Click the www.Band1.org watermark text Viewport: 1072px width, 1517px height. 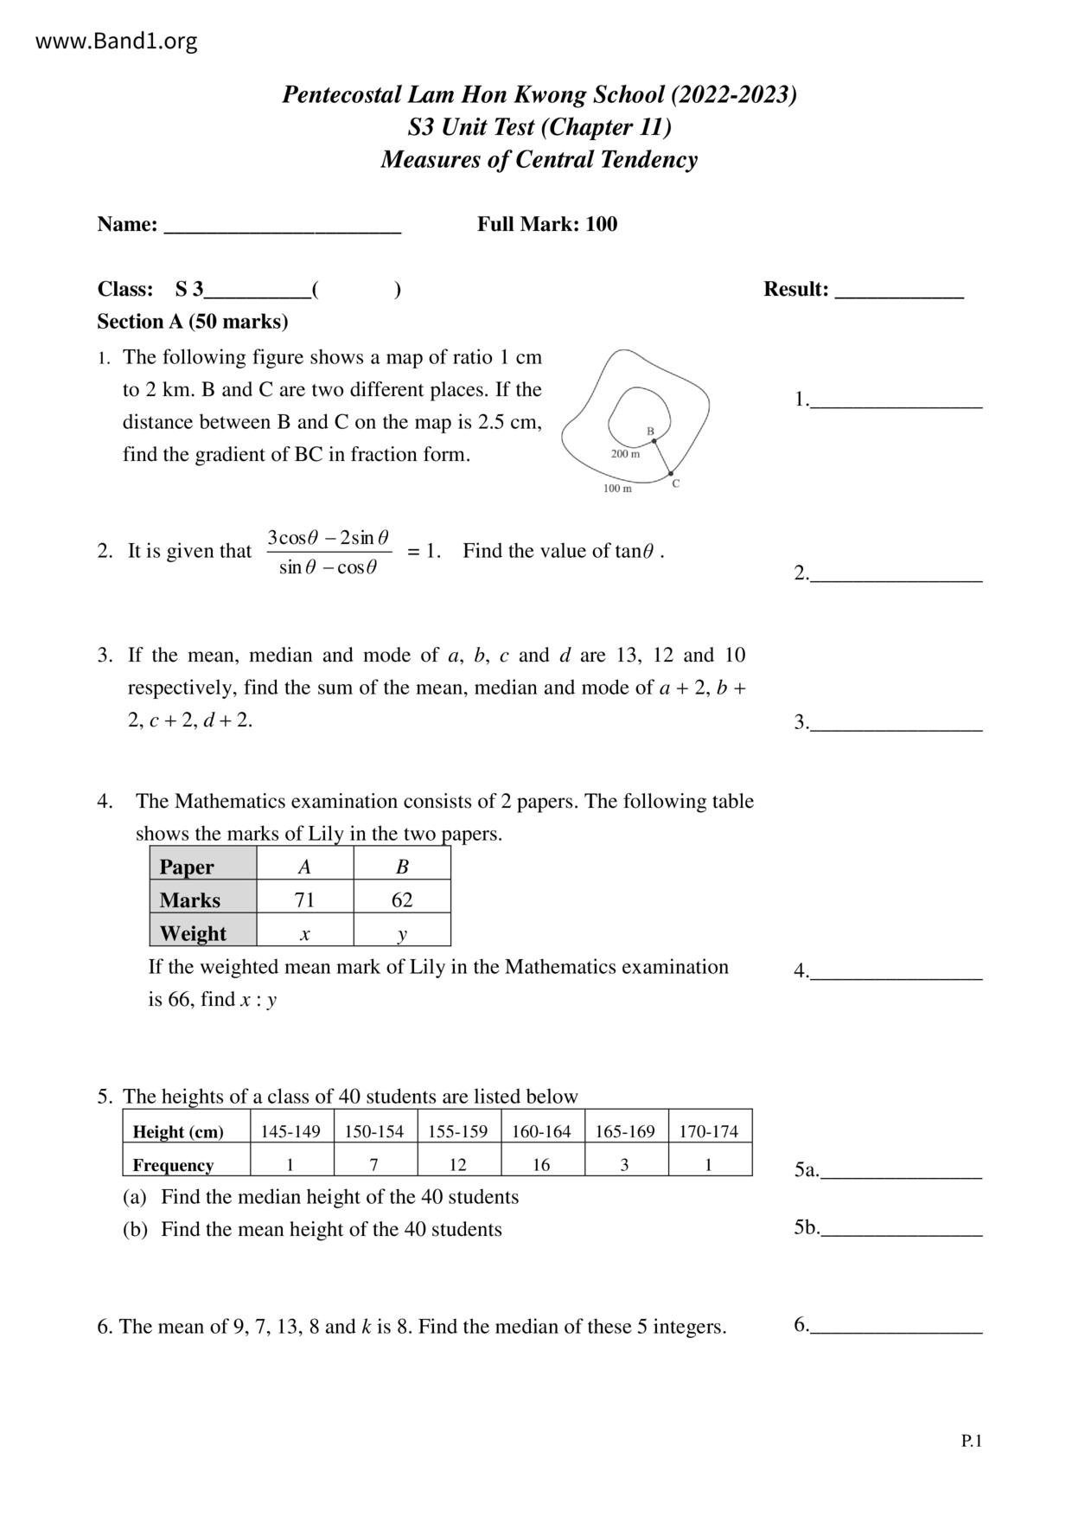(x=117, y=41)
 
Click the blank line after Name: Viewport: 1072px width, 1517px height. (x=283, y=227)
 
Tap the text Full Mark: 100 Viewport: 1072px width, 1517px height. (x=547, y=224)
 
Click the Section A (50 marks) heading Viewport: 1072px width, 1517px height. (x=193, y=322)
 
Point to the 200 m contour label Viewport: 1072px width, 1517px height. (x=625, y=454)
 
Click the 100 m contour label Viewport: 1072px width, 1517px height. (x=617, y=489)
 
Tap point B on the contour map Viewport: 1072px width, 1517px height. (x=654, y=440)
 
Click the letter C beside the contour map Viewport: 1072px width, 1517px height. (x=676, y=483)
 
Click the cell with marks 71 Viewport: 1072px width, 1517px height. (x=304, y=900)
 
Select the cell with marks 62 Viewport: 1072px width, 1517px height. (x=402, y=900)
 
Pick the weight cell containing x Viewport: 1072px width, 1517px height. (x=304, y=933)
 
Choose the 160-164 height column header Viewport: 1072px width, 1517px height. (x=541, y=1131)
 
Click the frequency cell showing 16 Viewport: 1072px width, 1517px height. (x=541, y=1165)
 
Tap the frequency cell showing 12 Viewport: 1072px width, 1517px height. (x=457, y=1165)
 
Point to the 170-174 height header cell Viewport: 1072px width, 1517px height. (x=709, y=1131)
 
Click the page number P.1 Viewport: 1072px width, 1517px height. (x=972, y=1441)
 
